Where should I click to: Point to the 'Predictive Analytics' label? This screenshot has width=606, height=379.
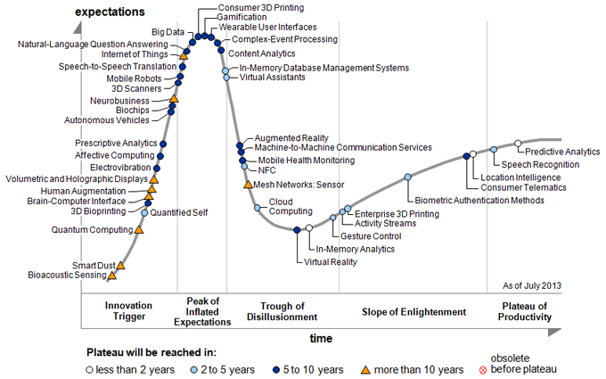[x=562, y=152]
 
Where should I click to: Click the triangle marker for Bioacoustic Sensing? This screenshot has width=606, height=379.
[x=113, y=276]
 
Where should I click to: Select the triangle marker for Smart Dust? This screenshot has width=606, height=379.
[x=120, y=265]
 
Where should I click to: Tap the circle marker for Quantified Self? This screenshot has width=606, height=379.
[x=145, y=212]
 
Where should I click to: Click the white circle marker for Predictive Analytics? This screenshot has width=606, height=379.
[x=518, y=143]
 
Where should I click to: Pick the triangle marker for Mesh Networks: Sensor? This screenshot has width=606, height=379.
[x=248, y=185]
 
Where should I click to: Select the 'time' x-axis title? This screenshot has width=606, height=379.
[x=321, y=339]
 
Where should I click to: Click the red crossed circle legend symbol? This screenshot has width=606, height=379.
[x=510, y=369]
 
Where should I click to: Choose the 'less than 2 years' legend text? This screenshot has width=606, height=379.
[x=135, y=369]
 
